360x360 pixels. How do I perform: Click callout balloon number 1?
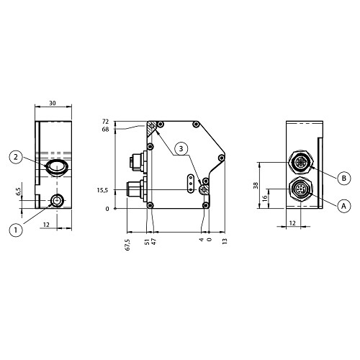[x=16, y=230]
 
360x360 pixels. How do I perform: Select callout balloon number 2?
[x=16, y=157]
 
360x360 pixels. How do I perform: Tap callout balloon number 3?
[x=181, y=149]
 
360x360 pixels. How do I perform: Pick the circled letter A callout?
[x=344, y=206]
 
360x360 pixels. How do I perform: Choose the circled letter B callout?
[x=344, y=178]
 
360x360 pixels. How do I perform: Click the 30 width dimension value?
[x=53, y=103]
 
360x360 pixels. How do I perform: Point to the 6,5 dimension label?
[x=18, y=192]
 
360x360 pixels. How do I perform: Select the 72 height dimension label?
[x=105, y=122]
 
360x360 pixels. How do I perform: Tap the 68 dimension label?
[x=105, y=130]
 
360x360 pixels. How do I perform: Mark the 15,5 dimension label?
[x=102, y=190]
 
